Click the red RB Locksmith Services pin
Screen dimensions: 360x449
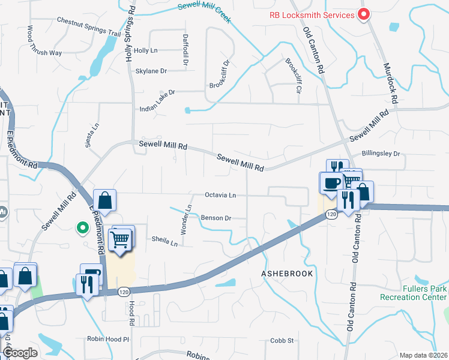pyautogui.click(x=363, y=14)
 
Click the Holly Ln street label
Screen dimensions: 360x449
pyautogui.click(x=145, y=51)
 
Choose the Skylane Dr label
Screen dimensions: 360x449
pyautogui.click(x=151, y=71)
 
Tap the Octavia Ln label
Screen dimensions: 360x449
pyautogui.click(x=220, y=195)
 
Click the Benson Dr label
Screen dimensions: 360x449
pyautogui.click(x=215, y=218)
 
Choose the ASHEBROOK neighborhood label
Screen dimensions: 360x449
pyautogui.click(x=288, y=273)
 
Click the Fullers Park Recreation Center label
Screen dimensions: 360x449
pyautogui.click(x=413, y=292)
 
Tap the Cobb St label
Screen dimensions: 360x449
pyautogui.click(x=282, y=340)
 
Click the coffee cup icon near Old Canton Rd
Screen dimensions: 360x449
pyautogui.click(x=331, y=183)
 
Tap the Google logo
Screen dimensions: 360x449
pyautogui.click(x=19, y=353)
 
